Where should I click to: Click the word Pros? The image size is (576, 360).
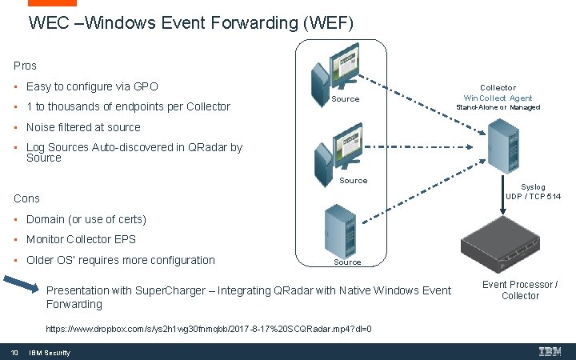25,66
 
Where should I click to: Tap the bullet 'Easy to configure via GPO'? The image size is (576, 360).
92,86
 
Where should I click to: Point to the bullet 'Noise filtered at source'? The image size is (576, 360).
83,127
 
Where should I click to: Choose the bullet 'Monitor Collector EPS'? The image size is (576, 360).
81,239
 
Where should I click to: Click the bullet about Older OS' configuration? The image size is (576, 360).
120,260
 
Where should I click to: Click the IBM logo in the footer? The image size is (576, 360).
550,352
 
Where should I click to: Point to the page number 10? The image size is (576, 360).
14,353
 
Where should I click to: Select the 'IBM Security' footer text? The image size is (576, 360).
50,353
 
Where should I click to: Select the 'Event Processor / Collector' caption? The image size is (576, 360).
520,290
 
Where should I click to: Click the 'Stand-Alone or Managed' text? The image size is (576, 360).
498,107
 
